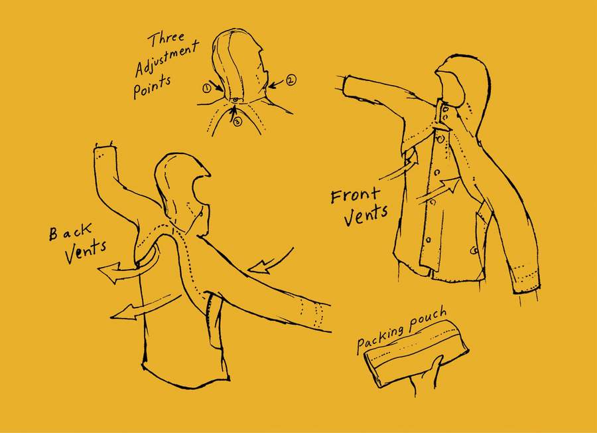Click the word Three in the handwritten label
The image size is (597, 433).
click(166, 39)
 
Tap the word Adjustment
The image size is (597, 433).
click(166, 58)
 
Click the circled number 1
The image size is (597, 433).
click(207, 88)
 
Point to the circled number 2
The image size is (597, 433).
click(291, 80)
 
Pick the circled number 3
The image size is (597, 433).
click(237, 122)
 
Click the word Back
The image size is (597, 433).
click(70, 232)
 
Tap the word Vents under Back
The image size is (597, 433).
click(86, 252)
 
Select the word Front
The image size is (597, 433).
click(356, 195)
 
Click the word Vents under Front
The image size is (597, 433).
click(366, 216)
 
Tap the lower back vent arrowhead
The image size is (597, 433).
click(123, 312)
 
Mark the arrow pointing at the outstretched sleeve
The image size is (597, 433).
click(271, 262)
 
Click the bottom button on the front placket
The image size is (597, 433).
click(429, 240)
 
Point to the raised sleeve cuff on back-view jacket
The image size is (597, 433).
click(103, 153)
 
